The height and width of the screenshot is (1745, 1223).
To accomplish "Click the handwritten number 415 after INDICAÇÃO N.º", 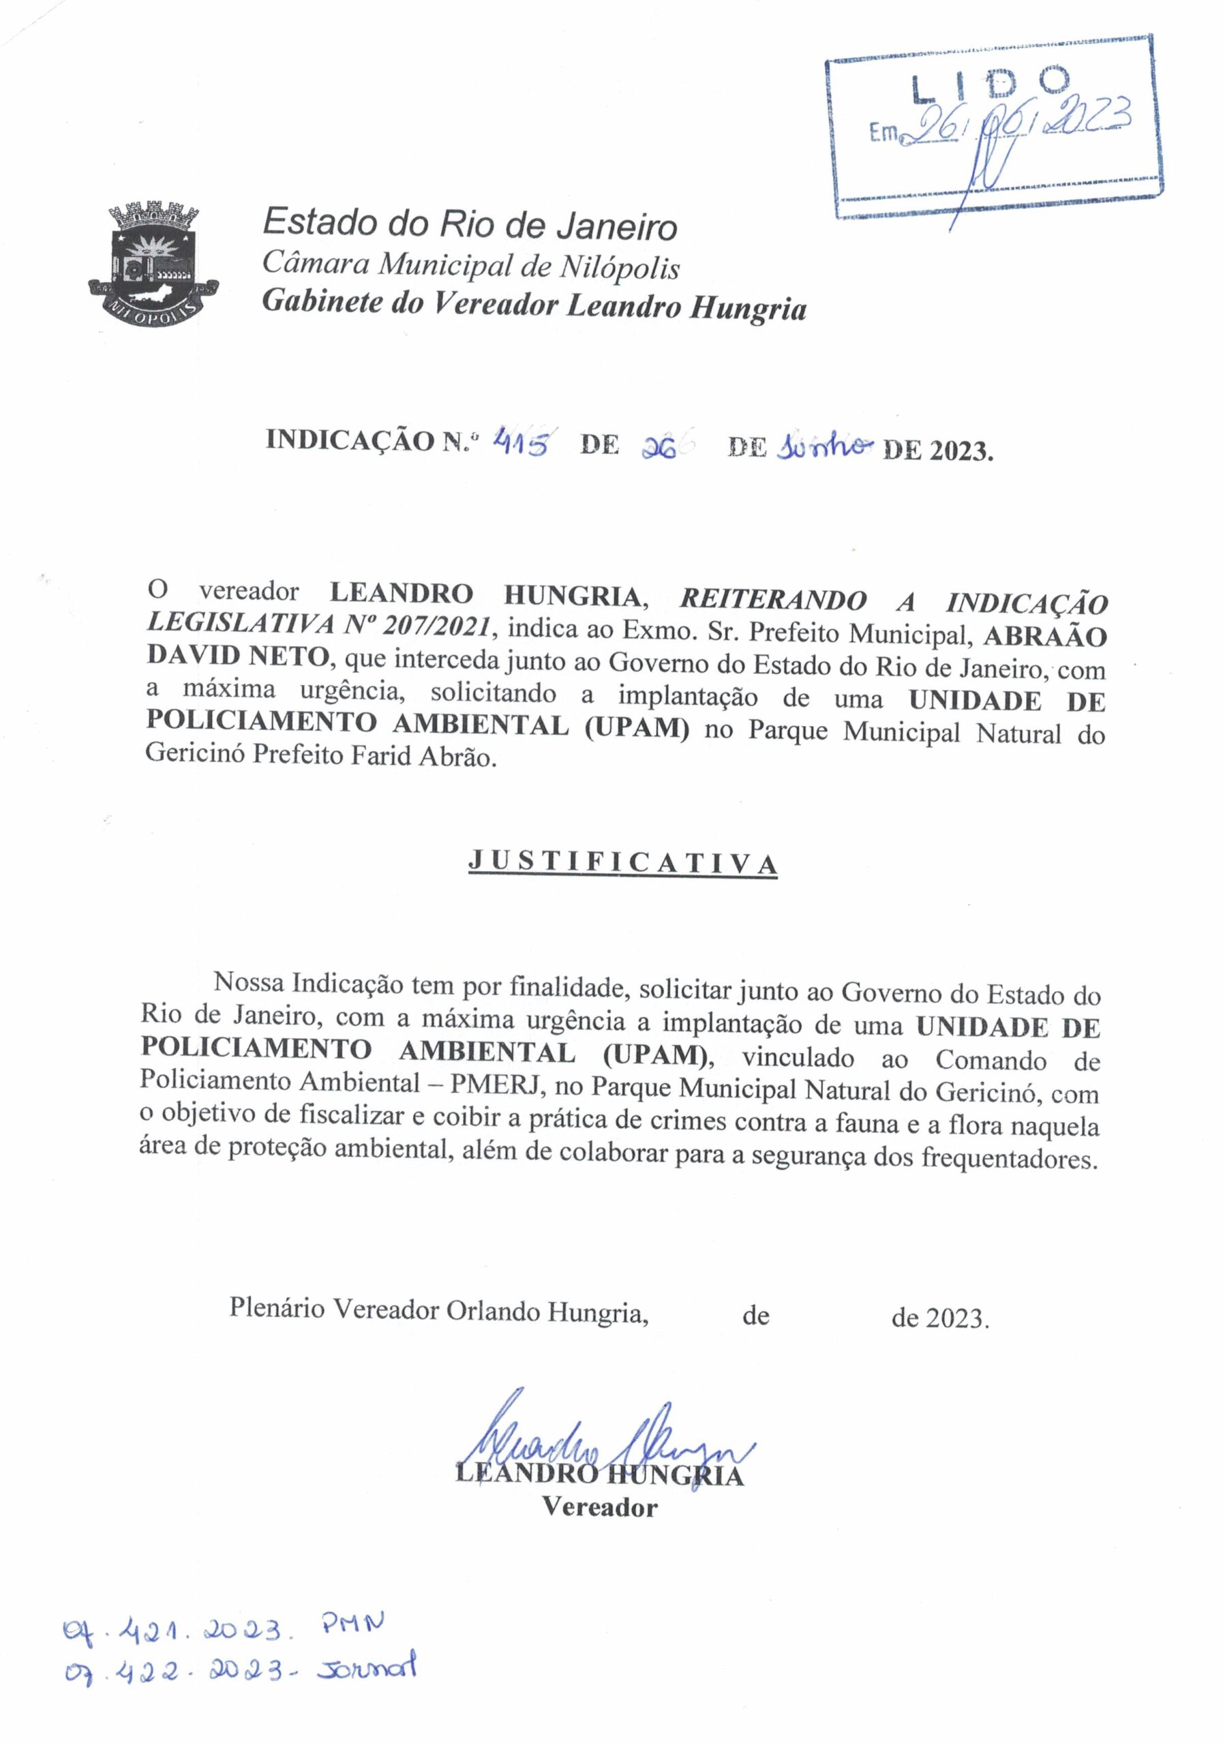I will click(523, 442).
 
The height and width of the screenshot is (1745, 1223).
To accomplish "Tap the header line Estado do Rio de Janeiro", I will click(470, 225).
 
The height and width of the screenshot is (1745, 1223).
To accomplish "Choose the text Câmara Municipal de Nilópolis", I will click(470, 265).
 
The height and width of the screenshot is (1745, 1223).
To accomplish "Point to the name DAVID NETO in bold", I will click(237, 654).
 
